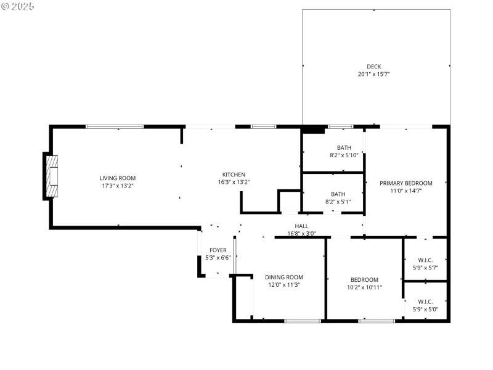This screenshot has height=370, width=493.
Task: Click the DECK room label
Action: [374, 67]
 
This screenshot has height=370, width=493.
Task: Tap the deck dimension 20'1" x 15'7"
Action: [374, 74]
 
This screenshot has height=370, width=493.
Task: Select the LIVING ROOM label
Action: [117, 178]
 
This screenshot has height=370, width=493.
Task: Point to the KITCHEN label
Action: [234, 175]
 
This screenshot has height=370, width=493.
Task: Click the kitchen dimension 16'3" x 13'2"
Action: [234, 182]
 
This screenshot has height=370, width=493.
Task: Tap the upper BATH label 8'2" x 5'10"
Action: [344, 147]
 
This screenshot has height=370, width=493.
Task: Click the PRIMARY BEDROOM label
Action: [405, 183]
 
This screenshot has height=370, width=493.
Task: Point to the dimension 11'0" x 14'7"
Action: [405, 191]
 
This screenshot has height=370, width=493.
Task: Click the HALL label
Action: [301, 226]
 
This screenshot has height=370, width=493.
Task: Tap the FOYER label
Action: [218, 250]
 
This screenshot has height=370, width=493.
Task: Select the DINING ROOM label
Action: [284, 277]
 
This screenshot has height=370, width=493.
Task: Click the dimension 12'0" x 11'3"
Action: [284, 285]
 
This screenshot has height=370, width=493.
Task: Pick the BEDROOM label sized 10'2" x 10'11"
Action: [364, 279]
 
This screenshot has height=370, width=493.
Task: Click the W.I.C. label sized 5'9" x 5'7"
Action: [425, 260]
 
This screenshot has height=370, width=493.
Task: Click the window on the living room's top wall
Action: [115, 126]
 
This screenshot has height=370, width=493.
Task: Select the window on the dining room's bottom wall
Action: [302, 321]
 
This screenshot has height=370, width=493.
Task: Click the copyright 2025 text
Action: [18, 6]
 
